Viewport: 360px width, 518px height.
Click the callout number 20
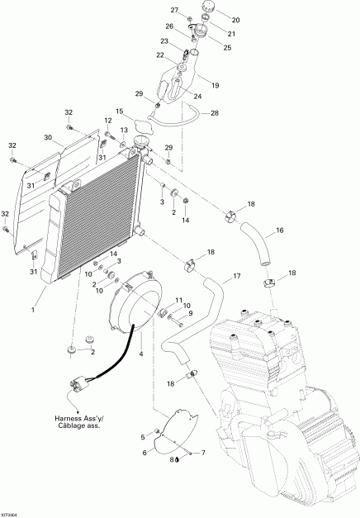pyautogui.click(x=235, y=20)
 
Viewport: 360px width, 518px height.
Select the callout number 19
pyautogui.click(x=215, y=86)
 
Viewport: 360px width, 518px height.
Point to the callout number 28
pyautogui.click(x=215, y=113)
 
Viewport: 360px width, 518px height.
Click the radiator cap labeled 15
pyautogui.click(x=144, y=127)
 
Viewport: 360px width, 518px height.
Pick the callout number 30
pyautogui.click(x=48, y=137)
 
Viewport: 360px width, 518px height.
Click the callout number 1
pyautogui.click(x=33, y=310)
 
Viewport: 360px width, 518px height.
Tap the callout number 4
pyautogui.click(x=141, y=354)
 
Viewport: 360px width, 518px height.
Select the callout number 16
pyautogui.click(x=280, y=230)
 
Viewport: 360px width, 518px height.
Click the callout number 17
pyautogui.click(x=237, y=276)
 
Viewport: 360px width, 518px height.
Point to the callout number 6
pyautogui.click(x=144, y=453)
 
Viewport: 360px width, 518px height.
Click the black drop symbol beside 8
pyautogui.click(x=178, y=459)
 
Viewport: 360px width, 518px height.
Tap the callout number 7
pyautogui.click(x=203, y=453)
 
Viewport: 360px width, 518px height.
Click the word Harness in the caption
pyautogui.click(x=67, y=419)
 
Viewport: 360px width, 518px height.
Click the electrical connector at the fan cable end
pyautogui.click(x=79, y=386)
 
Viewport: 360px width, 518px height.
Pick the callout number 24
pyautogui.click(x=197, y=97)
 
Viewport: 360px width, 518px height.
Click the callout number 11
pyautogui.click(x=178, y=300)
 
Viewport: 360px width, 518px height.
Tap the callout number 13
pyautogui.click(x=124, y=130)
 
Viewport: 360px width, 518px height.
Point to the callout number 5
pyautogui.click(x=143, y=437)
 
